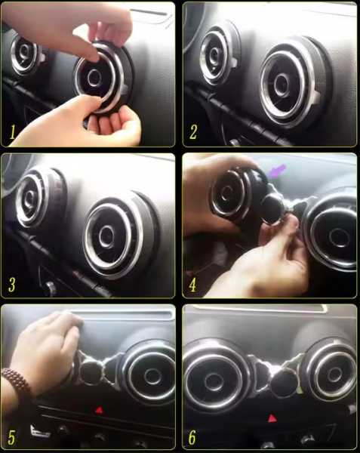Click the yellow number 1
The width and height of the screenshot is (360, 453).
pyautogui.click(x=12, y=132)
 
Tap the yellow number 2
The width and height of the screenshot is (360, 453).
pyautogui.click(x=193, y=131)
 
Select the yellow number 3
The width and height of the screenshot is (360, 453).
pyautogui.click(x=12, y=285)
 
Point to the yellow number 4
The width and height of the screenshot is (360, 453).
pyautogui.click(x=193, y=285)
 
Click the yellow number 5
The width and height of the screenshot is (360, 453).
pyautogui.click(x=11, y=437)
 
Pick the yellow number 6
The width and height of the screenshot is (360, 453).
pyautogui.click(x=192, y=437)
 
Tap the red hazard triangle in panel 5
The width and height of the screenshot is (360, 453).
pyautogui.click(x=99, y=409)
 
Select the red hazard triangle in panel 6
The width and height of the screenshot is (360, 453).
pyautogui.click(x=272, y=418)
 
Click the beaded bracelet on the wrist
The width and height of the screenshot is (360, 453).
pyautogui.click(x=17, y=382)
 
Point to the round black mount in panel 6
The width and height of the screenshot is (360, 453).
pyautogui.click(x=285, y=383)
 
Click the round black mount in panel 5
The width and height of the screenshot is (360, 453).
pyautogui.click(x=91, y=372)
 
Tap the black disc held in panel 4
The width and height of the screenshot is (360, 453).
pyautogui.click(x=272, y=208)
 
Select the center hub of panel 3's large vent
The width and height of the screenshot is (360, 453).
pyautogui.click(x=107, y=237)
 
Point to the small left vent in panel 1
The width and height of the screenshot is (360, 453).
pyautogui.click(x=24, y=54)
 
